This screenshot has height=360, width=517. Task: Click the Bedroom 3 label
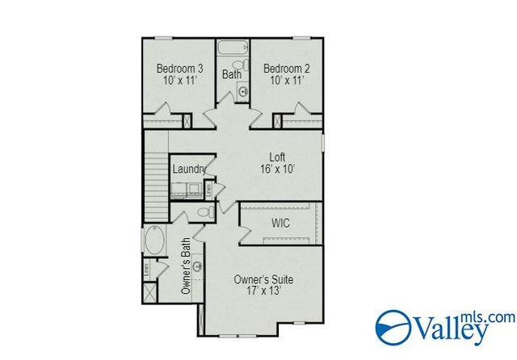tap(179, 68)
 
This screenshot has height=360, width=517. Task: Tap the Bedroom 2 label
tap(287, 68)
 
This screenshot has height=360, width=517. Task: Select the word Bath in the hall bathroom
tap(233, 75)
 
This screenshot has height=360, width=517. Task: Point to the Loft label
tap(278, 157)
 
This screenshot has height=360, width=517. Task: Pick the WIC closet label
tap(281, 222)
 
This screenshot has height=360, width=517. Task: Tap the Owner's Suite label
tap(263, 279)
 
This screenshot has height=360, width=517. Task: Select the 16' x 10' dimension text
tap(278, 169)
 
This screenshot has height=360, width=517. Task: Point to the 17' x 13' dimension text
tap(263, 291)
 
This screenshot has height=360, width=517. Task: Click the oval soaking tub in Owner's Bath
tap(153, 241)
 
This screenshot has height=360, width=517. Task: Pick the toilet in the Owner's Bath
tap(205, 213)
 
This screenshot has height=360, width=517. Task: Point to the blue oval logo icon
tap(394, 327)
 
